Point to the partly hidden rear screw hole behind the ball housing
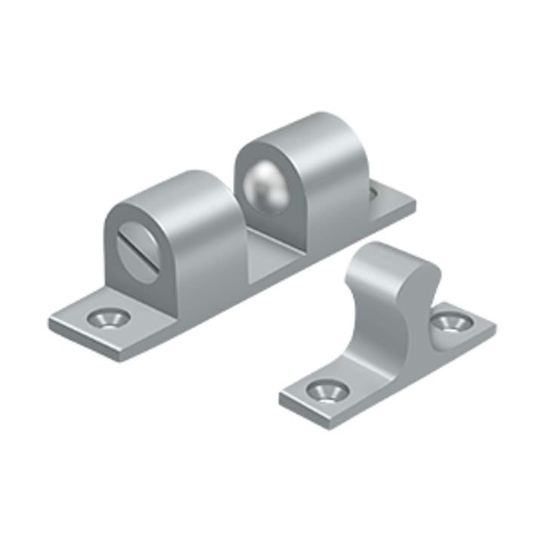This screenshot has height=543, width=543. [x=375, y=195]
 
